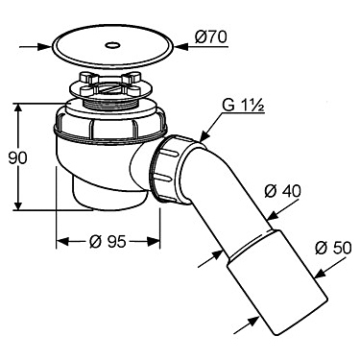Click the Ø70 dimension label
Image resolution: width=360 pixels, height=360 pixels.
click(x=210, y=37)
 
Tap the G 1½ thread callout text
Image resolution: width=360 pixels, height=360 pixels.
click(x=243, y=107)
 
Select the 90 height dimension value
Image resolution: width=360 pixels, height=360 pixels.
click(x=18, y=158)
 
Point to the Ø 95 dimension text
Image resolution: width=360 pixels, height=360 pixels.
click(x=108, y=242)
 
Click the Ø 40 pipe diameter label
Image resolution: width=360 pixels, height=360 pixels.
click(x=282, y=191)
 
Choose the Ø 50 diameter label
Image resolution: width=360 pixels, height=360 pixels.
click(x=333, y=248)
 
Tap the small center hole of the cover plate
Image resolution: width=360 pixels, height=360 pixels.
click(x=112, y=46)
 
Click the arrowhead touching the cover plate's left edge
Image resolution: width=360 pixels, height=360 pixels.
click(x=45, y=47)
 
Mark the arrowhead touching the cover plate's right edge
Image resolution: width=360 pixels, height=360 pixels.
click(x=181, y=47)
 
